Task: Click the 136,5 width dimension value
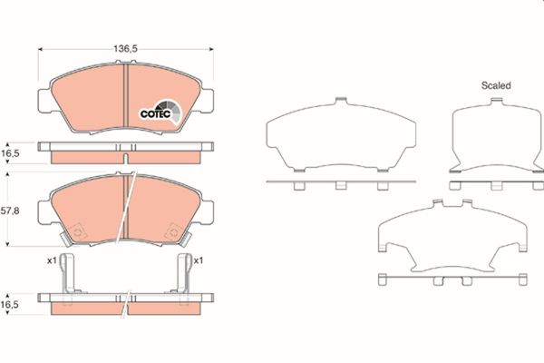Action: pos(126,49)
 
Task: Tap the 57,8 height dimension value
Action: pos(10,211)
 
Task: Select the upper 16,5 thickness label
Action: pos(10,153)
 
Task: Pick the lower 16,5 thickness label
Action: pos(10,305)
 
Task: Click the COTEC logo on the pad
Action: pos(160,112)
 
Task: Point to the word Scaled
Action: pos(496,85)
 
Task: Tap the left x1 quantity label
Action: pos(52,260)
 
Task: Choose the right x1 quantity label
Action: pos(198,260)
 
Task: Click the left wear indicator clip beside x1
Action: pos(68,274)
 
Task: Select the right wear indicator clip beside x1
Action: pos(183,274)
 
